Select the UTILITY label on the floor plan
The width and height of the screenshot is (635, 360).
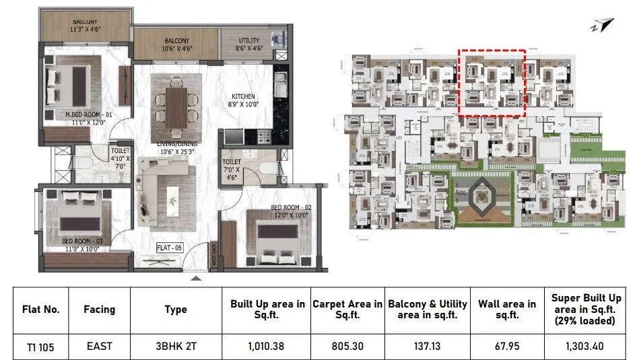[248, 40]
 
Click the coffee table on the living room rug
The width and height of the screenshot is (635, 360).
[172, 195]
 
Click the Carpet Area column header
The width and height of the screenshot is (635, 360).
[347, 310]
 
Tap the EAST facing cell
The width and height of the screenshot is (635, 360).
[99, 347]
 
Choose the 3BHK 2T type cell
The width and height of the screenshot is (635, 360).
[176, 347]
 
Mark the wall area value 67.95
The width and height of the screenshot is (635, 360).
[508, 347]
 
